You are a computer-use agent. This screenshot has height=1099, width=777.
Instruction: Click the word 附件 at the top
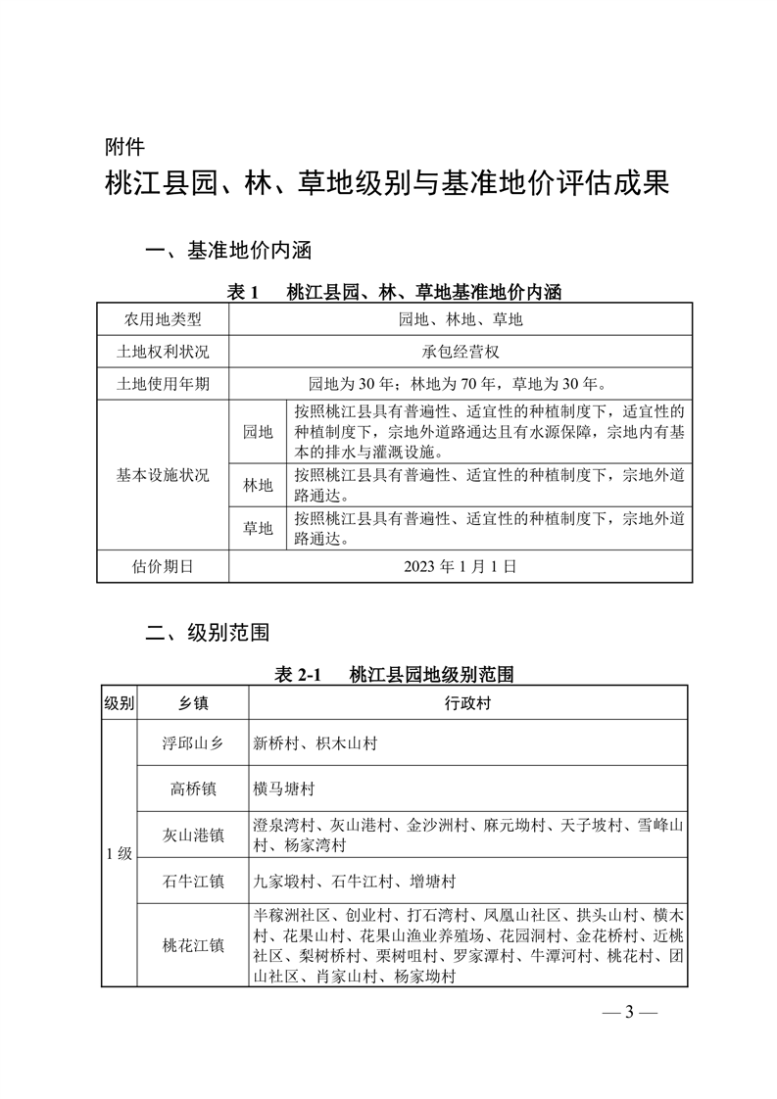124,148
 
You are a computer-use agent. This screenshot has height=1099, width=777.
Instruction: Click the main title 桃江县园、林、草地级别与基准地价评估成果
387,184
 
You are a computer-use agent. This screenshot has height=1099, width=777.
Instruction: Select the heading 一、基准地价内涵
227,252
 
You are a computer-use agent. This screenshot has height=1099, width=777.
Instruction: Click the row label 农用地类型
163,319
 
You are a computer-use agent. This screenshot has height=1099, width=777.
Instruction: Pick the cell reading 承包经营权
461,352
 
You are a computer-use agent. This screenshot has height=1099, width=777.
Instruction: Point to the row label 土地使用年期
163,383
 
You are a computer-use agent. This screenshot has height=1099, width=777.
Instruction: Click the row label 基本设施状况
163,475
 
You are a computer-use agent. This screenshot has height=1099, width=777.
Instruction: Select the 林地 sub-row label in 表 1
258,484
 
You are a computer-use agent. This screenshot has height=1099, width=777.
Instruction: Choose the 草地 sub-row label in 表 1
258,529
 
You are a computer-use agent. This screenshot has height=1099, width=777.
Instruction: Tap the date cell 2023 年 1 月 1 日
461,565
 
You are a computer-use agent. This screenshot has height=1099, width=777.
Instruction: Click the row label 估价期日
163,565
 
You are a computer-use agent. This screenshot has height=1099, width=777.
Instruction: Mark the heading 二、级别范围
207,631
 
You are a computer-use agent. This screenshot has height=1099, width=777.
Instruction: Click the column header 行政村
466,703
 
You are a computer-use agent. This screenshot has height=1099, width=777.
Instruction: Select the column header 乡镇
193,703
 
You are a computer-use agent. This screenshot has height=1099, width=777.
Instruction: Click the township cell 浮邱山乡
193,743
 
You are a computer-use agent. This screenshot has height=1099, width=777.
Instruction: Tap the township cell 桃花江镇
193,945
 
